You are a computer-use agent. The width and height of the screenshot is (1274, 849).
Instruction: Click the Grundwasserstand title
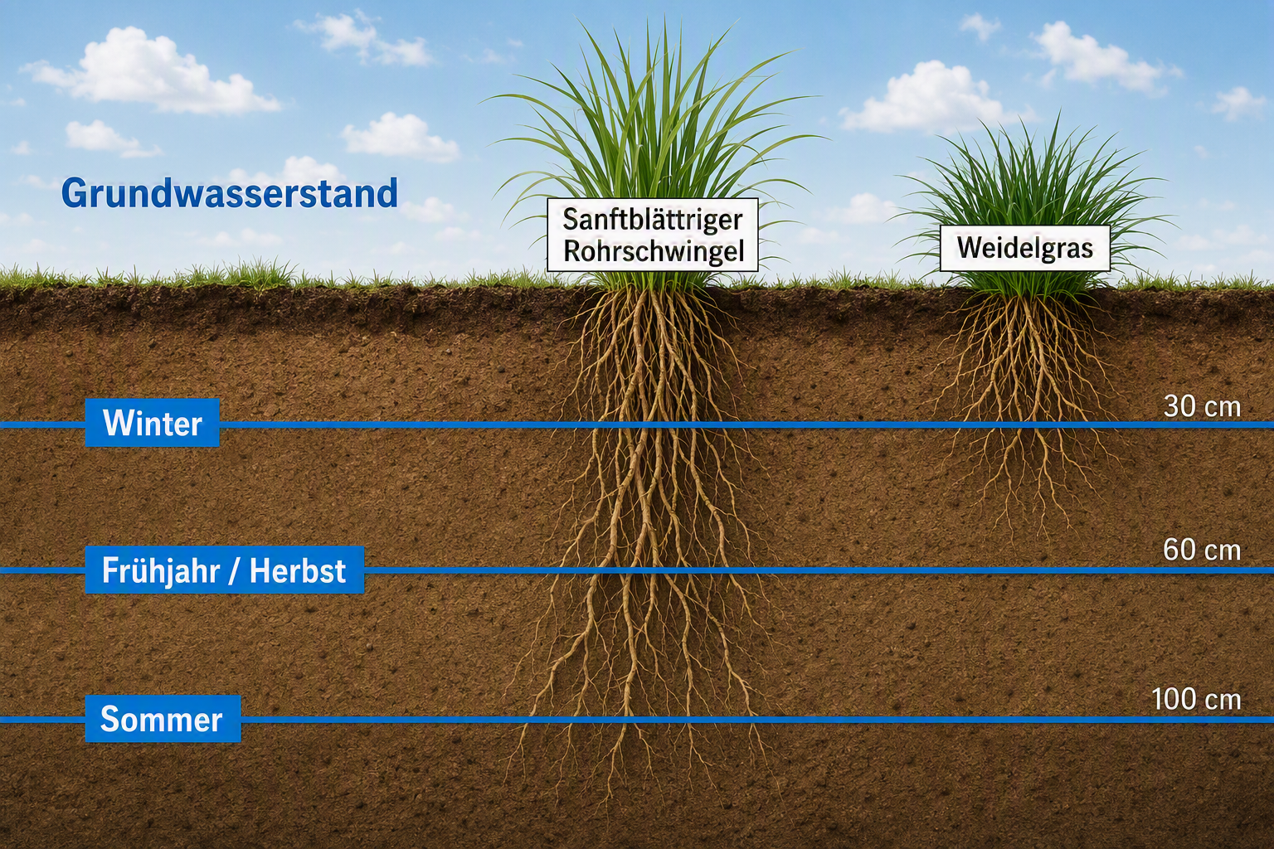click(229, 193)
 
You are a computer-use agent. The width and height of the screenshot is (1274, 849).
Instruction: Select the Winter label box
click(153, 423)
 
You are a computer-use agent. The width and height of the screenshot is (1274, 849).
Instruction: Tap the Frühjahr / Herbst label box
click(224, 570)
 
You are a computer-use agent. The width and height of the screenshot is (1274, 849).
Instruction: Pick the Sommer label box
click(163, 719)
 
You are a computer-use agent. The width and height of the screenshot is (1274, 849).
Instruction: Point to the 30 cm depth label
click(1202, 406)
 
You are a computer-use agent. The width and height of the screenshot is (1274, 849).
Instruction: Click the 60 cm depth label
click(1202, 550)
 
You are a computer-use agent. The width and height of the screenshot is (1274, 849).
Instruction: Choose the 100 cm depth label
click(1196, 699)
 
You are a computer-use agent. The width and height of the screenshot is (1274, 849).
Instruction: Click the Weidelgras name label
click(1025, 248)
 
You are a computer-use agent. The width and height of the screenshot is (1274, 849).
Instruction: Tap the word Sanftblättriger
click(653, 220)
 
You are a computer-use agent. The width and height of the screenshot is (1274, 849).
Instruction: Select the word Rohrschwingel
click(654, 250)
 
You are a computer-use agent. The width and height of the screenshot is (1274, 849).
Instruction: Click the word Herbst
click(298, 570)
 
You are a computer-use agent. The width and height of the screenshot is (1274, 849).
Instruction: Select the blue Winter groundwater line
click(637, 424)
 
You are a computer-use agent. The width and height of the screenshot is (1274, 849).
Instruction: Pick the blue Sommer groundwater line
click(637, 720)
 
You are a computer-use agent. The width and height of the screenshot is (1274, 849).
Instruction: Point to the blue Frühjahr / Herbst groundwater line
click(637, 570)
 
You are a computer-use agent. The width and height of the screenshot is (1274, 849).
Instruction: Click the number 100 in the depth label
click(1174, 699)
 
